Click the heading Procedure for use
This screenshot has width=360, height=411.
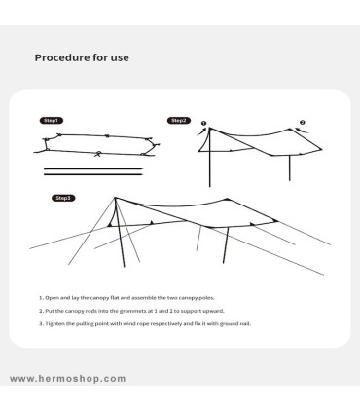coord(82,57)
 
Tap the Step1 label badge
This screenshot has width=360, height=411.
coord(52,121)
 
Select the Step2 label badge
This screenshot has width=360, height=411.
coord(179,121)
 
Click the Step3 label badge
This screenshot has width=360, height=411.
coord(63,198)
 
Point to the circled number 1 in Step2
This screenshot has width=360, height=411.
coord(203,123)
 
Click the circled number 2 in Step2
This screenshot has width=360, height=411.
coord(303,123)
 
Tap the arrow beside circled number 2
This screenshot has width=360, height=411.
coord(303,131)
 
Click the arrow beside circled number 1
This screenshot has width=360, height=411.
coord(201,131)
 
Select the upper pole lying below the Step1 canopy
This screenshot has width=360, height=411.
coord(93,168)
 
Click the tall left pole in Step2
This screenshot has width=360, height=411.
coord(209,158)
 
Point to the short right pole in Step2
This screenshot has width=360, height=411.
coord(289,168)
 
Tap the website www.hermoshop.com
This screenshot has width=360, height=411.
coord(68,379)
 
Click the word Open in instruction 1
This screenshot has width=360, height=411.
coord(51,298)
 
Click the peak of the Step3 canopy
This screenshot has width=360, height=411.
coord(115,198)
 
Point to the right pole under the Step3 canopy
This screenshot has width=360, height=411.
coord(226,244)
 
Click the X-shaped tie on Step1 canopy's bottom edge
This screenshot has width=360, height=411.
coord(97,155)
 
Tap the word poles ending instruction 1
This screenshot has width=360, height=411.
coord(206,298)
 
